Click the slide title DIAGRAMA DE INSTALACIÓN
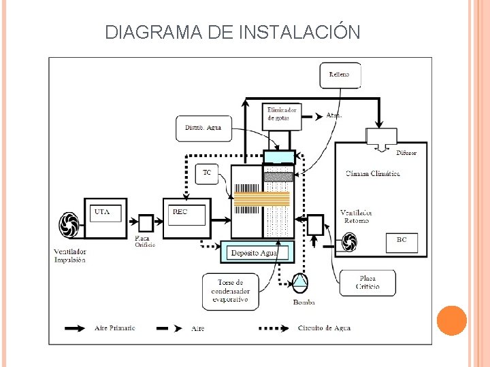(x=233, y=32)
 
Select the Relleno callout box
(x=340, y=75)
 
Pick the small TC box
(x=207, y=173)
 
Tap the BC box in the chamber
(x=402, y=241)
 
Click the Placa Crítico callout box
(x=367, y=282)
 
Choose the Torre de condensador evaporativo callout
(x=230, y=291)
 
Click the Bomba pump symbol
(x=299, y=281)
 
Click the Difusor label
(x=406, y=153)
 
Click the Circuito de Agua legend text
(x=324, y=328)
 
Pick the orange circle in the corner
(x=451, y=321)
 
